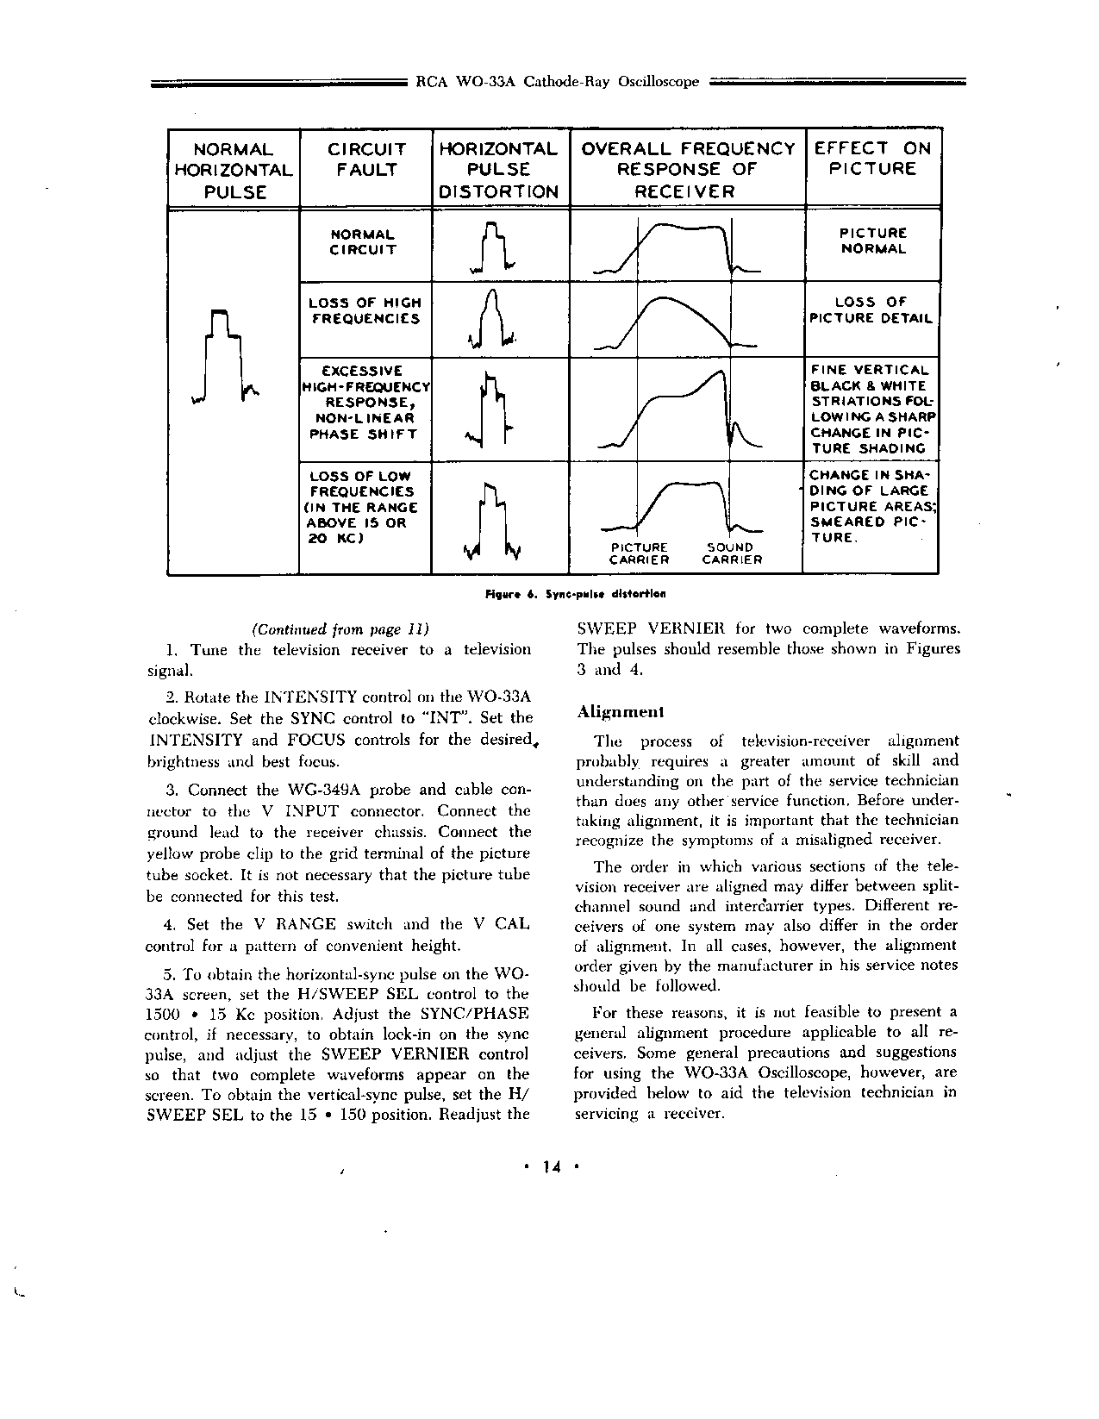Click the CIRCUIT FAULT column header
tap(365, 159)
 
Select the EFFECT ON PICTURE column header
tap(872, 159)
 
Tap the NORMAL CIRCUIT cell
tap(363, 242)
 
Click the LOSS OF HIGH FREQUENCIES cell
tap(365, 310)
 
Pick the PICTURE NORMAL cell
tap(873, 241)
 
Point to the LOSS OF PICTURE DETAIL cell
tap(871, 310)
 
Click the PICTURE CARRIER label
tap(640, 553)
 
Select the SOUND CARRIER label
tap(731, 553)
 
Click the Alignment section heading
tap(621, 712)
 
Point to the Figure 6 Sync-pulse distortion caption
tap(576, 594)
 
